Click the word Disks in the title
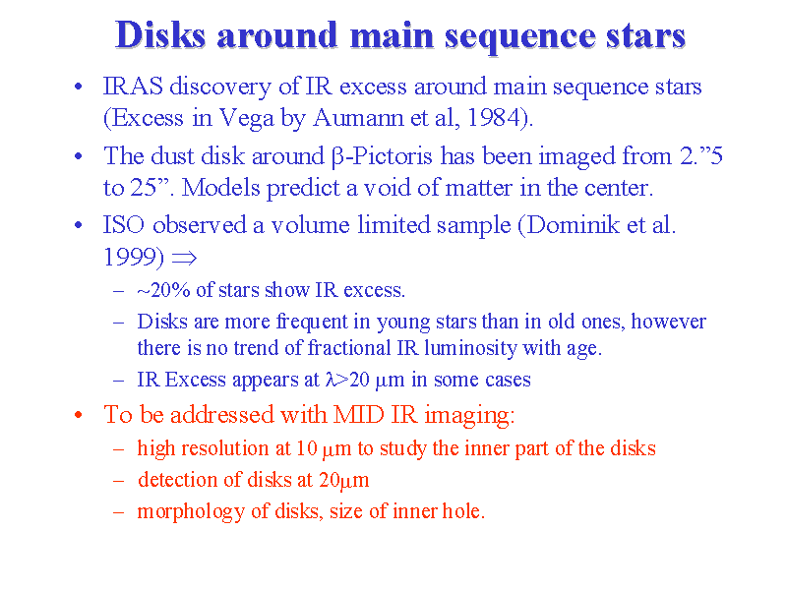pyautogui.click(x=160, y=35)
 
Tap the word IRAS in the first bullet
pyautogui.click(x=133, y=87)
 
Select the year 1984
pyautogui.click(x=495, y=118)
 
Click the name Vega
pyautogui.click(x=247, y=119)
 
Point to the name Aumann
pyautogui.click(x=358, y=118)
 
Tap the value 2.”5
pyautogui.click(x=701, y=156)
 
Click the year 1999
pyautogui.click(x=130, y=257)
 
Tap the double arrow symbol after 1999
pyautogui.click(x=184, y=259)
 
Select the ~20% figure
pyautogui.click(x=163, y=290)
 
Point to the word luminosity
pyautogui.click(x=470, y=348)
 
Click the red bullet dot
pyautogui.click(x=78, y=415)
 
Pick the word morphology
pyautogui.click(x=191, y=512)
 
